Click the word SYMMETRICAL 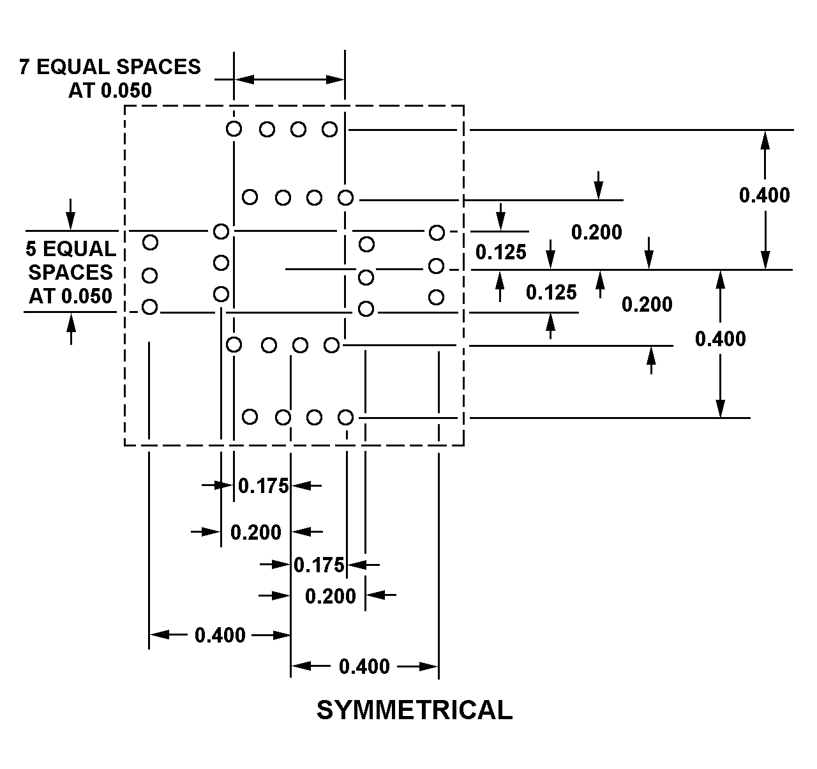(414, 710)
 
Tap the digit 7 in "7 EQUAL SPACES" (25, 67)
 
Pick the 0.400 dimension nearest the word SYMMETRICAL (364, 666)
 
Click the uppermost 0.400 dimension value (764, 195)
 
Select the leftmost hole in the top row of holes (234, 129)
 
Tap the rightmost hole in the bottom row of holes (345, 417)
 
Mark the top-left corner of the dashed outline (125, 106)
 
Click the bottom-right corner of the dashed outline (463, 445)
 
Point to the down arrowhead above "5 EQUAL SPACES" (71, 221)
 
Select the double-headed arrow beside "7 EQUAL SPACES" (290, 79)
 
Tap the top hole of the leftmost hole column (150, 243)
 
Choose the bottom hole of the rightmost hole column (437, 297)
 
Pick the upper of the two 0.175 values (263, 486)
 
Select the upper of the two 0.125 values (500, 252)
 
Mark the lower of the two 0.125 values (551, 293)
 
